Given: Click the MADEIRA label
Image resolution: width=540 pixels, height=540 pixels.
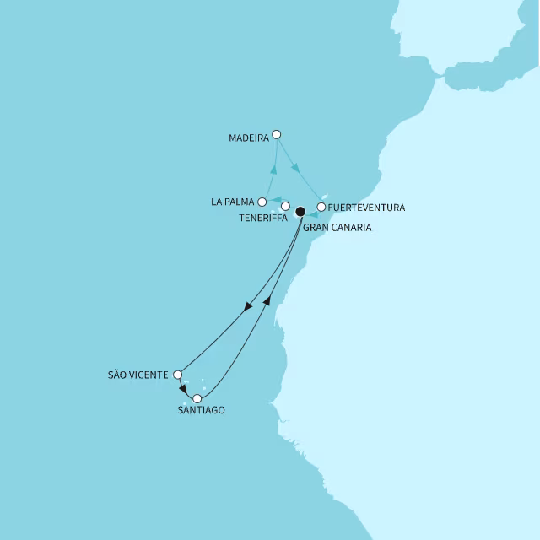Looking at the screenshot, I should [249, 137].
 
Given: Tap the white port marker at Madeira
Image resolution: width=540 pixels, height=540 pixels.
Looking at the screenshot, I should [276, 134].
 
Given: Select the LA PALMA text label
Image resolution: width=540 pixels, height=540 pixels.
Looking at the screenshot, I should [234, 202].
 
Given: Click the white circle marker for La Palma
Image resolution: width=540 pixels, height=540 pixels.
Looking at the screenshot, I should [262, 202].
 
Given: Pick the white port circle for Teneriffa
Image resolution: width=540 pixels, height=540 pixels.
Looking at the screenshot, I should [285, 206].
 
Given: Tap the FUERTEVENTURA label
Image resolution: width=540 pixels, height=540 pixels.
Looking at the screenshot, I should [367, 208].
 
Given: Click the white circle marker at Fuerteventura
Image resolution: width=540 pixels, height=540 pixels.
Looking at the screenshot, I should [321, 207].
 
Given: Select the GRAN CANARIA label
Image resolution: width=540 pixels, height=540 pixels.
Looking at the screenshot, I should [337, 228].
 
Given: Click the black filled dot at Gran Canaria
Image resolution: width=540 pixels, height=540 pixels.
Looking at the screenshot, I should [300, 213].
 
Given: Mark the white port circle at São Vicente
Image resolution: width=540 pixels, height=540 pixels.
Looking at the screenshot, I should [177, 375].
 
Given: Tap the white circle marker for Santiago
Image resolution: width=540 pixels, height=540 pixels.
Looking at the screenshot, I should [197, 398].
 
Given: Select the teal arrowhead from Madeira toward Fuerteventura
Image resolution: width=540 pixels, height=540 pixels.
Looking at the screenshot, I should [296, 170].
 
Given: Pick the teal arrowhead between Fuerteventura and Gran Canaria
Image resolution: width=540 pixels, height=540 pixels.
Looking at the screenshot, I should [312, 214].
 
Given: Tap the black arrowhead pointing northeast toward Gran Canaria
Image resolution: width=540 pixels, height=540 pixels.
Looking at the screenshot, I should [267, 300].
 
